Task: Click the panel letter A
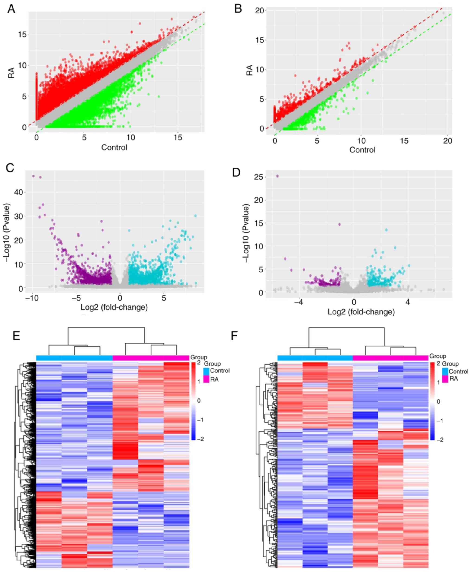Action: click(x=11, y=9)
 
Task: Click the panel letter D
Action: click(x=236, y=172)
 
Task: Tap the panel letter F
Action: click(x=234, y=336)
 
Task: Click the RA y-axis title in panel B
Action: click(x=249, y=70)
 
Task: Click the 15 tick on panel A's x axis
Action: click(x=178, y=138)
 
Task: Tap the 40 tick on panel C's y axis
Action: click(x=19, y=192)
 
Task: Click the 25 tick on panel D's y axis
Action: click(x=259, y=177)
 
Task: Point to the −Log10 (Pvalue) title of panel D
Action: click(x=246, y=233)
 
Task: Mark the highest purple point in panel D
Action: click(x=277, y=176)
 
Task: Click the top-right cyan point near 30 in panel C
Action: click(x=195, y=216)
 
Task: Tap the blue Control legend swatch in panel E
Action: click(x=206, y=371)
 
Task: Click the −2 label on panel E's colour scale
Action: click(x=201, y=439)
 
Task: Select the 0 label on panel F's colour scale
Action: click(x=439, y=401)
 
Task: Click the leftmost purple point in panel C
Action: click(x=33, y=176)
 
